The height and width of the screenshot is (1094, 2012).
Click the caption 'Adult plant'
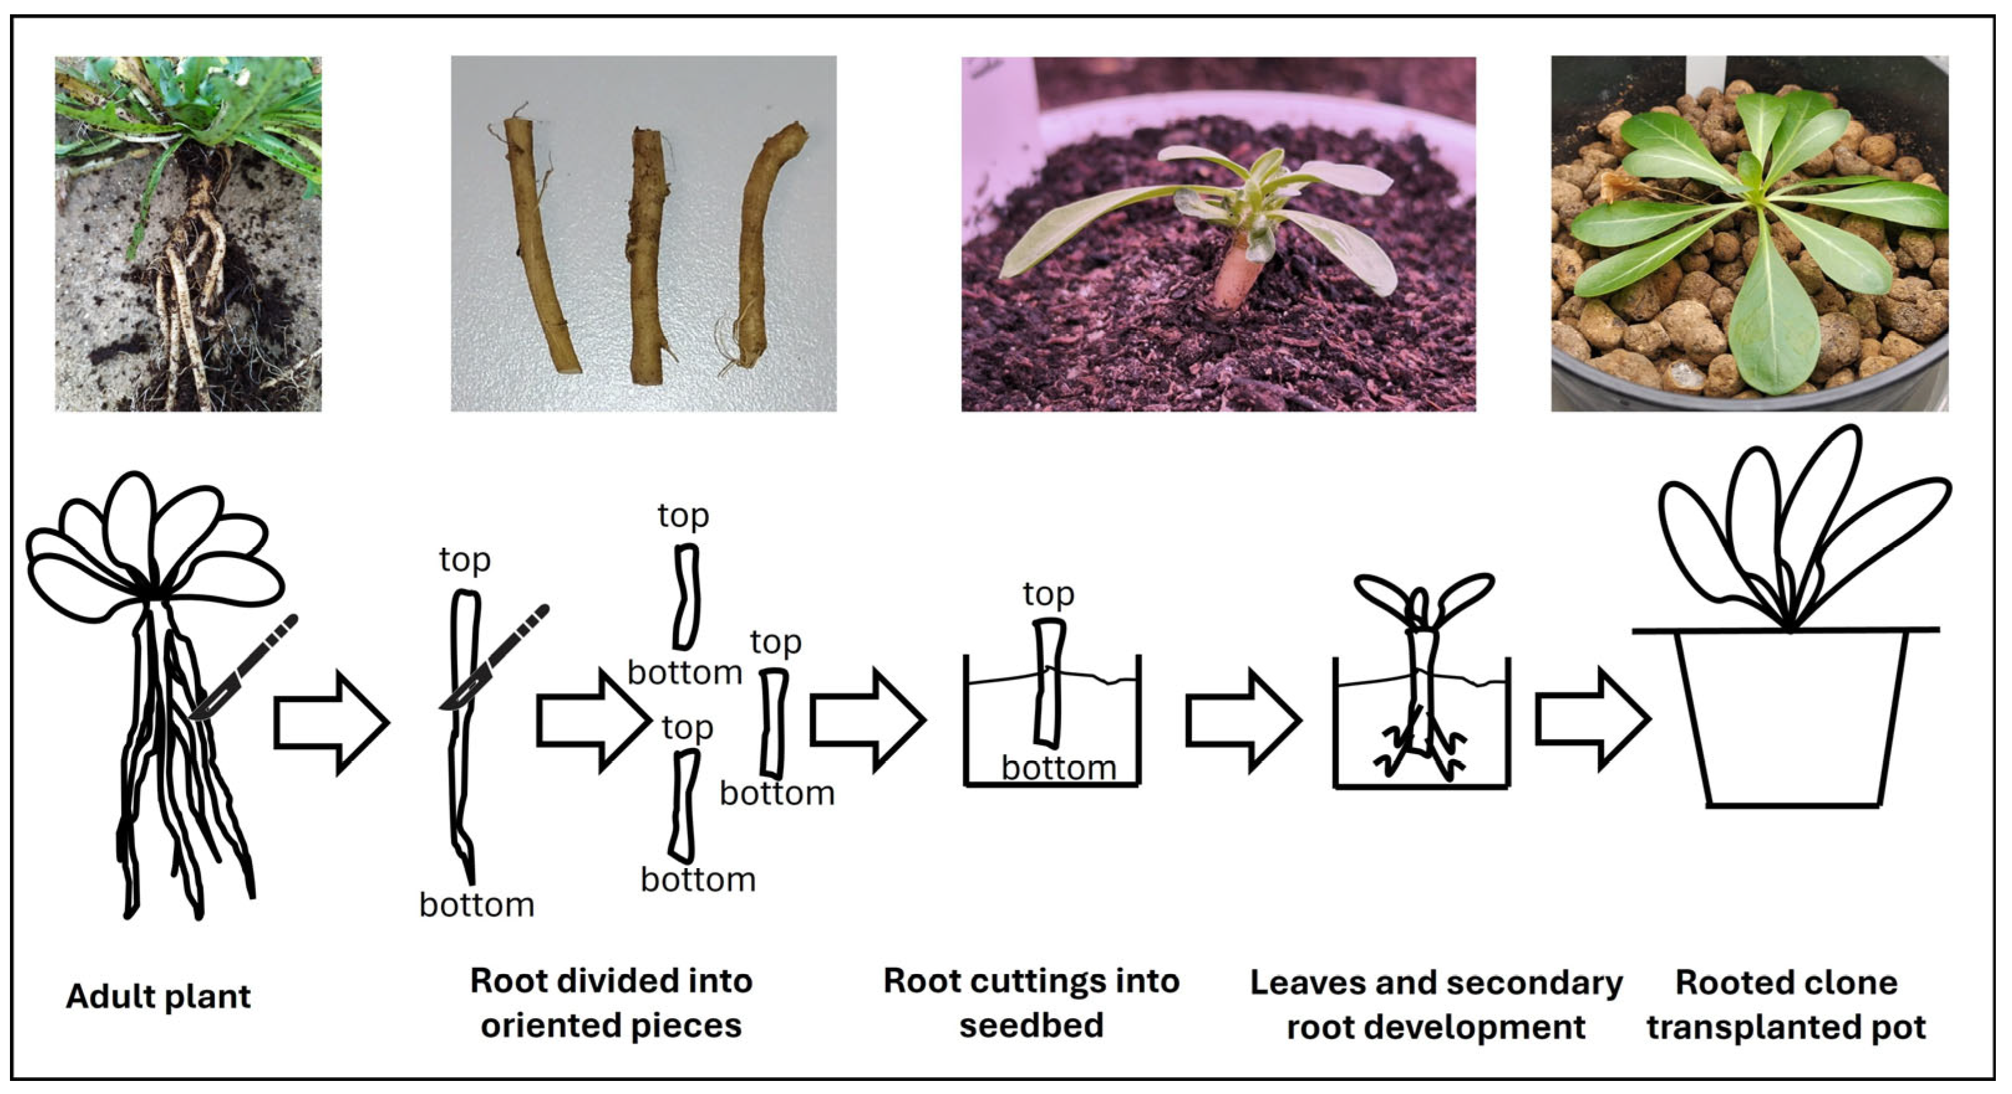coord(159,996)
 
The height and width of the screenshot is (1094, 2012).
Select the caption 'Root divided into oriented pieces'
coord(611,1003)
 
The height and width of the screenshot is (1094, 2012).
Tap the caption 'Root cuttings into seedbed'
coord(1031,1003)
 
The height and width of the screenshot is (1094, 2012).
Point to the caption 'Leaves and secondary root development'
coord(1436,1005)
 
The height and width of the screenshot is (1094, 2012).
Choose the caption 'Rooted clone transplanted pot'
coord(1786,1005)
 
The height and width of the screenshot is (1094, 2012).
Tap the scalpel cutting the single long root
coord(494,658)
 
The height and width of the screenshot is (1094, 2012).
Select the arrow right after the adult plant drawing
coord(331,722)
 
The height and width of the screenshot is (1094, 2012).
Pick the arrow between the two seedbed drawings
coord(1243,720)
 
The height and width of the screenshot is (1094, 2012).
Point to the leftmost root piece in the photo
coord(540,242)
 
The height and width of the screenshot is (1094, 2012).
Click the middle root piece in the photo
coord(647,254)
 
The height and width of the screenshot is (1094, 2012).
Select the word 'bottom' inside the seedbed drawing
coord(1058,769)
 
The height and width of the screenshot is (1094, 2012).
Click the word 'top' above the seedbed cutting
coord(1048,594)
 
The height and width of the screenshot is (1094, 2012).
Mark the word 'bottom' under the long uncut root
coord(476,905)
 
